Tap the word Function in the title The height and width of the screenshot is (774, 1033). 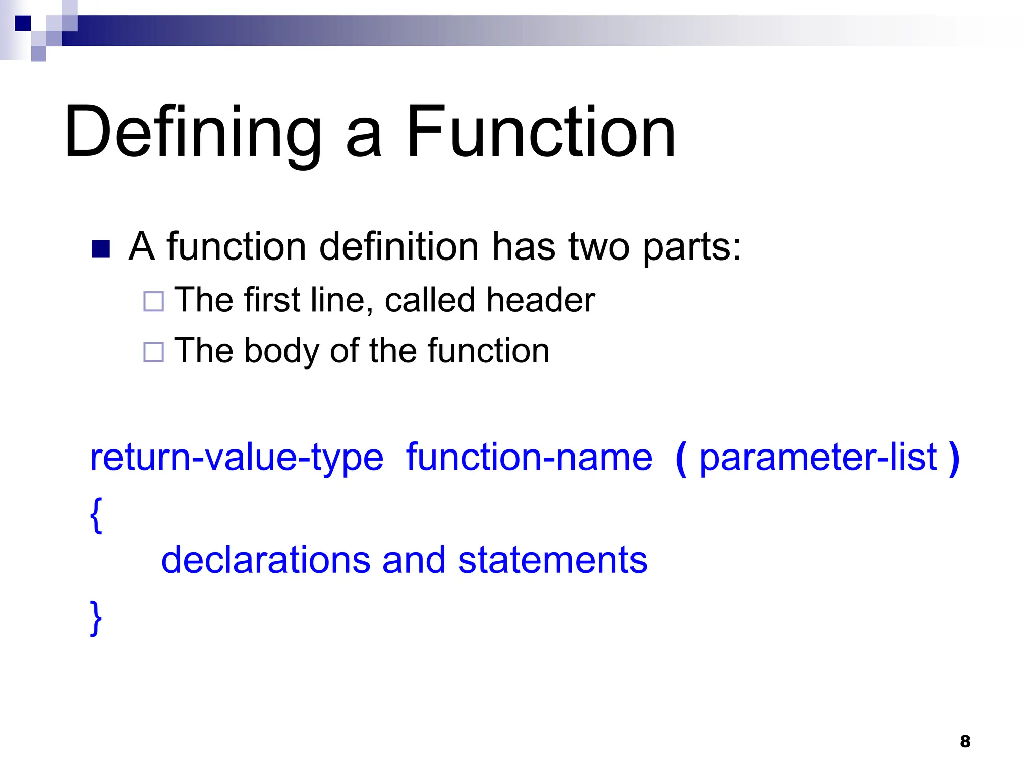click(540, 132)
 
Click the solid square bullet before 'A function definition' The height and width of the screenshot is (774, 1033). click(101, 249)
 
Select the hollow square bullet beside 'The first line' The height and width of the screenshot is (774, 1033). click(153, 301)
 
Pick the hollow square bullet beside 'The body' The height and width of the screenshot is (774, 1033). click(153, 352)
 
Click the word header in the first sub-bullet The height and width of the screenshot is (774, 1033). click(541, 300)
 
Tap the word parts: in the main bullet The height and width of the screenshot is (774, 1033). click(692, 248)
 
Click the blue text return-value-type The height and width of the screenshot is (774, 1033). click(237, 458)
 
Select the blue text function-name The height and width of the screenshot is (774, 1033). click(529, 458)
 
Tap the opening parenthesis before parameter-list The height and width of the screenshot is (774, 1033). click(681, 459)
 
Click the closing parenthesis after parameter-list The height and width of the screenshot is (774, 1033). click(953, 459)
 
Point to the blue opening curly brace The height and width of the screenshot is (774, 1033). click(96, 515)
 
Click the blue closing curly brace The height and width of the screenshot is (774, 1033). click(96, 618)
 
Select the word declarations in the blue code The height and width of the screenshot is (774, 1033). click(265, 560)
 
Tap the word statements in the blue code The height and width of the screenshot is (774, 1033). click(552, 560)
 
